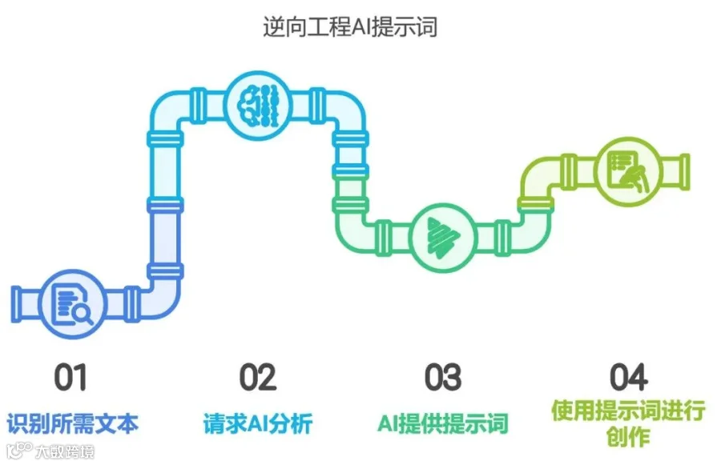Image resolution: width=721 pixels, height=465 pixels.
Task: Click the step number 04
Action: click(x=628, y=376)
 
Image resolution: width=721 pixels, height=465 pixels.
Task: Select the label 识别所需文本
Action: click(x=73, y=422)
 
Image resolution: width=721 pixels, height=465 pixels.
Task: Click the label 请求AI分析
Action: click(x=256, y=422)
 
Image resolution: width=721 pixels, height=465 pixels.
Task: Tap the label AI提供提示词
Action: click(x=443, y=422)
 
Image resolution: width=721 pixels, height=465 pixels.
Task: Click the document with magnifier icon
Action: click(x=70, y=303)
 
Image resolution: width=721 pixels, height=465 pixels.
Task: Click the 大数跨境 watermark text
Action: click(x=64, y=452)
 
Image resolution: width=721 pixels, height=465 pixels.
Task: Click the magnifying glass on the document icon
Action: click(x=81, y=314)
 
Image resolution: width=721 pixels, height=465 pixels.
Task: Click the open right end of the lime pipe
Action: click(x=685, y=168)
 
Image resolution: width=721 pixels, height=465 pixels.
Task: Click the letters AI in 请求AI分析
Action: click(x=255, y=422)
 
